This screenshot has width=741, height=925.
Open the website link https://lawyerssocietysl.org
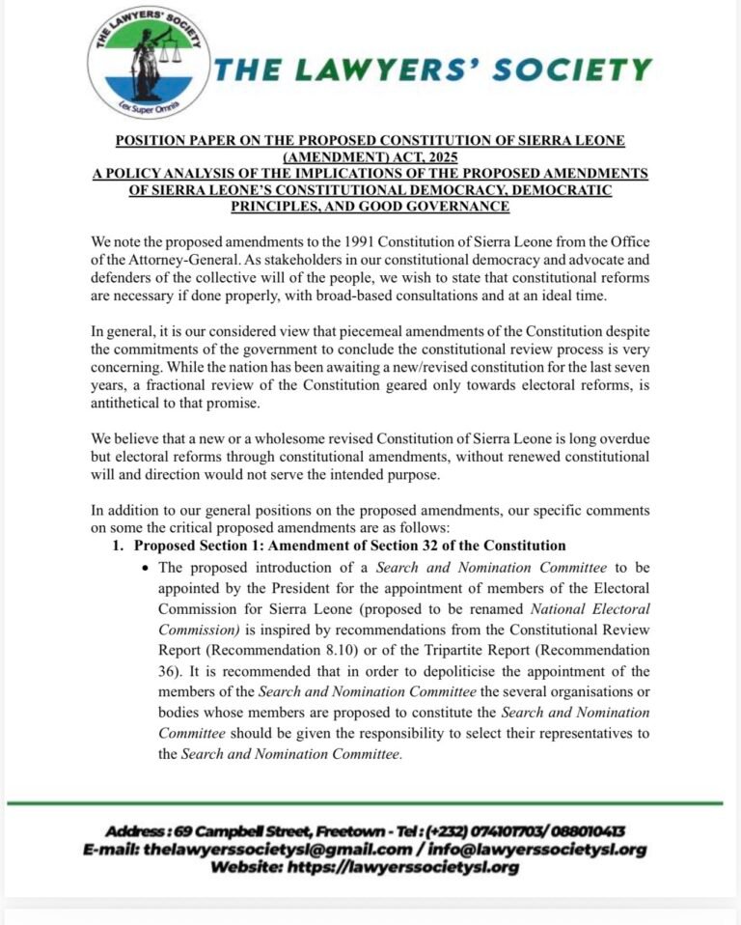coord(415,867)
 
